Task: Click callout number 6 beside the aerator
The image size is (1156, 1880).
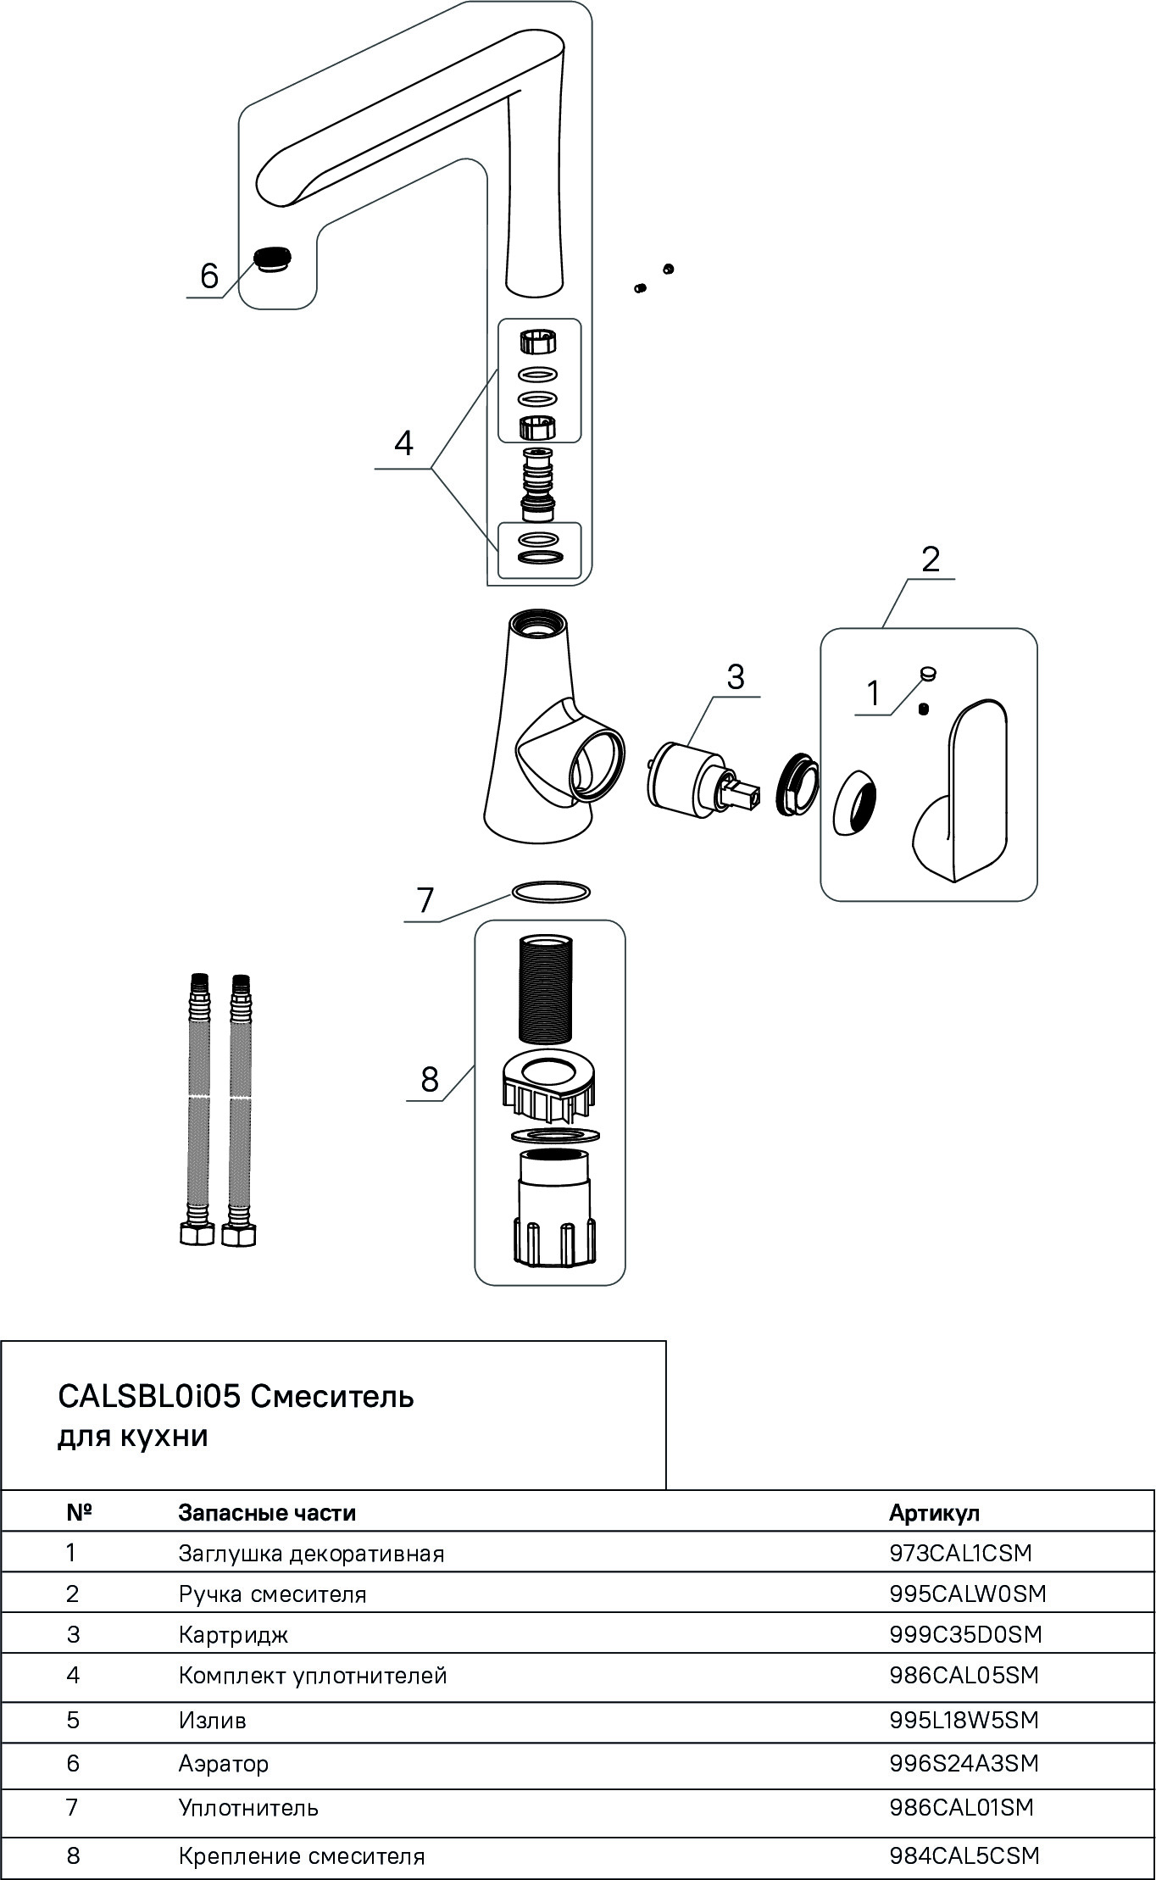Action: [x=208, y=276]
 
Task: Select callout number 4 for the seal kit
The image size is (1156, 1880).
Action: [x=403, y=442]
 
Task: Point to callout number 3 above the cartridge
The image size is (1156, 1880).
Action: [x=735, y=677]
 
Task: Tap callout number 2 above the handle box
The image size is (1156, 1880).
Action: [x=930, y=559]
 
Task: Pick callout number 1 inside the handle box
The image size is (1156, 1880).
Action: [x=874, y=694]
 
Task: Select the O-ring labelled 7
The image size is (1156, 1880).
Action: [x=550, y=892]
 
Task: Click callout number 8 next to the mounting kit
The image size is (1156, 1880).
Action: [x=430, y=1080]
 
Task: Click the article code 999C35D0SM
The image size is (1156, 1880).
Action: [x=965, y=1633]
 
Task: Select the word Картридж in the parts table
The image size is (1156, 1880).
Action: [x=233, y=1634]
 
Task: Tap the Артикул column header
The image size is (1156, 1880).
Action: [x=933, y=1512]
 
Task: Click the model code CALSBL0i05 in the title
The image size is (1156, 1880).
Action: [x=150, y=1396]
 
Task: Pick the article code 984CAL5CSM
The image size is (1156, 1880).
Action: [x=964, y=1855]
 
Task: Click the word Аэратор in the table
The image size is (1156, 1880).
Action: [x=223, y=1764]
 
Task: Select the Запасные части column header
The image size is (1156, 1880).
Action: [x=267, y=1512]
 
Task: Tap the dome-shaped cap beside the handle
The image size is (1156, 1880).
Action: [x=855, y=801]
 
